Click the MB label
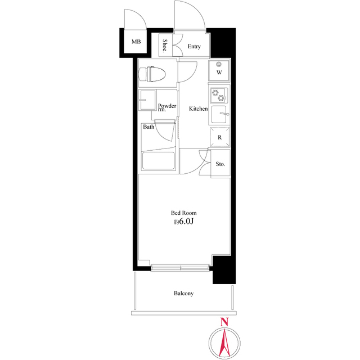click(136, 42)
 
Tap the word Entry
click(194, 47)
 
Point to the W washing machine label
click(219, 73)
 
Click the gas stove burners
click(219, 96)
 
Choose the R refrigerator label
click(219, 138)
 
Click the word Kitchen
click(198, 109)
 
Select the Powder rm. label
click(167, 108)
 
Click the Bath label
click(148, 127)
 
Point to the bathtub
click(159, 160)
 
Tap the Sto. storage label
click(220, 164)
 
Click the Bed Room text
click(184, 213)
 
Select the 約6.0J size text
click(184, 222)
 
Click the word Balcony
click(184, 294)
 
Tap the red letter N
click(224, 322)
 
